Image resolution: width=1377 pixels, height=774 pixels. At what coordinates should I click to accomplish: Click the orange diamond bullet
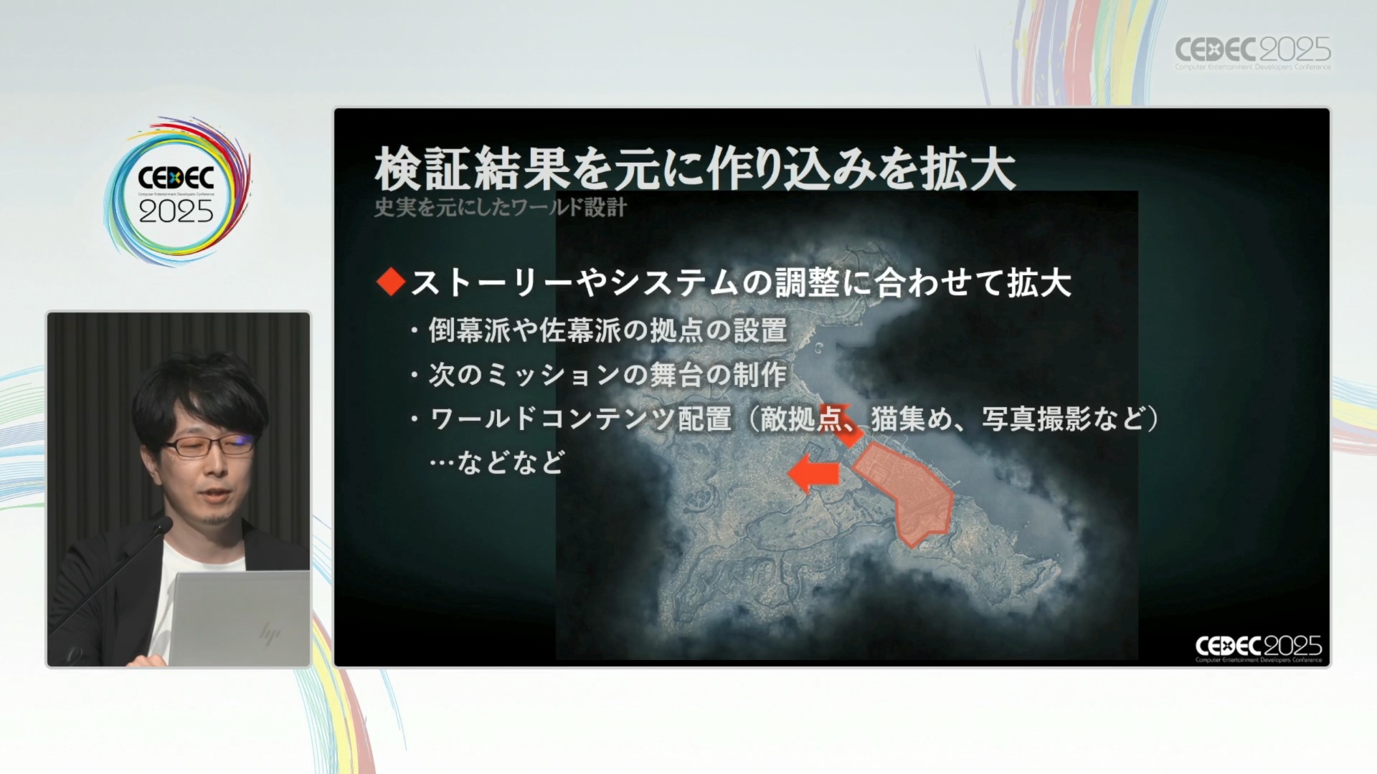click(x=391, y=282)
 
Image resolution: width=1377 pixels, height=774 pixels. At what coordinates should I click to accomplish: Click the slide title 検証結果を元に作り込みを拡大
click(x=695, y=169)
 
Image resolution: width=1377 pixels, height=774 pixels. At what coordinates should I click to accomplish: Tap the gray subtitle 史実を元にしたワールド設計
click(x=501, y=207)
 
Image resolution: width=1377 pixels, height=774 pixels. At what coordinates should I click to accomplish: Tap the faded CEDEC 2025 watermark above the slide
click(x=1252, y=52)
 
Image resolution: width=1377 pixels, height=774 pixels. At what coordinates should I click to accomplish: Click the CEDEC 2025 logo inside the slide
click(x=1258, y=649)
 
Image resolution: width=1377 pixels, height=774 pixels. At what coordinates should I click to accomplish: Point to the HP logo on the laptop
click(x=270, y=634)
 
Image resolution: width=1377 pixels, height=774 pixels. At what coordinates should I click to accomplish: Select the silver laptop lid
click(x=240, y=618)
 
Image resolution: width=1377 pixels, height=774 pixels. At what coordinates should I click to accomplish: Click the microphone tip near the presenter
click(x=164, y=525)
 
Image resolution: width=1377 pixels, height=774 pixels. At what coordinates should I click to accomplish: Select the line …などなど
click(x=497, y=462)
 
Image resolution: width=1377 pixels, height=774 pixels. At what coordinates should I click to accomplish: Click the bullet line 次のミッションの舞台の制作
click(x=607, y=375)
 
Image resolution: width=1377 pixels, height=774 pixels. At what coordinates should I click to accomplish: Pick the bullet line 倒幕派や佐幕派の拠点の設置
click(x=607, y=330)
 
